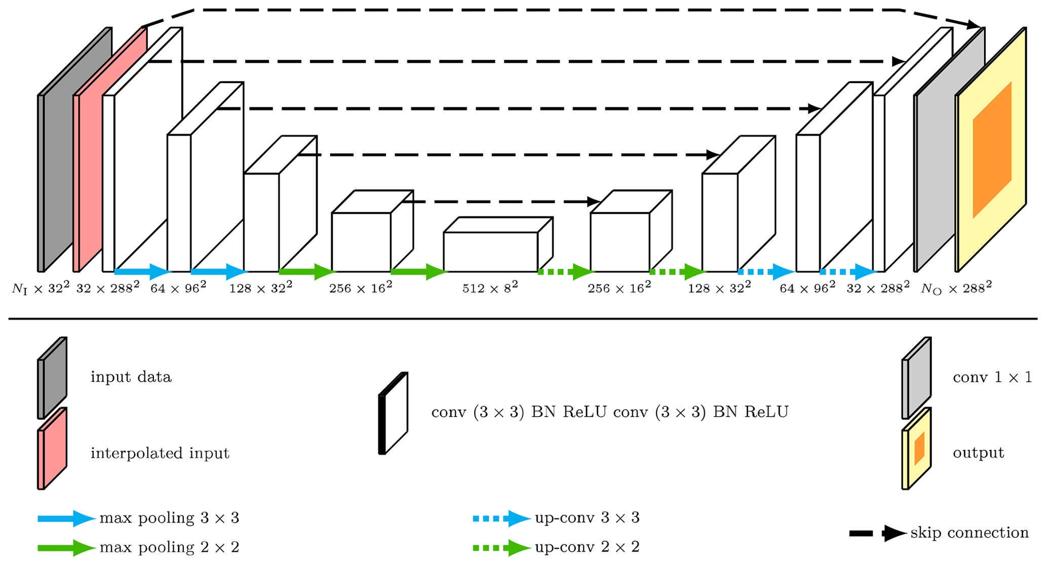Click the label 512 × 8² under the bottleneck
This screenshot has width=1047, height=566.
click(x=490, y=288)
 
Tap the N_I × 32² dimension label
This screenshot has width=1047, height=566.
click(x=41, y=288)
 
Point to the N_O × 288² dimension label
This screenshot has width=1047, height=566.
click(x=956, y=288)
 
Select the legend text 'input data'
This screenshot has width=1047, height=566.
click(x=131, y=377)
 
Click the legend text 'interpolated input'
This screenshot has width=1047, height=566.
click(x=160, y=453)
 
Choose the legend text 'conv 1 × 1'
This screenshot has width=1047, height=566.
click(x=992, y=378)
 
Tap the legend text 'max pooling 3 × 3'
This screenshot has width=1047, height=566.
click(x=169, y=518)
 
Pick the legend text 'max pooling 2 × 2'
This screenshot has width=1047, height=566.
click(x=169, y=547)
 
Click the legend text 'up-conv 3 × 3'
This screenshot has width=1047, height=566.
click(x=587, y=518)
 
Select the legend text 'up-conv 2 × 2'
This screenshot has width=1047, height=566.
click(x=587, y=547)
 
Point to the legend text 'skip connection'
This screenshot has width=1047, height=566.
click(x=969, y=533)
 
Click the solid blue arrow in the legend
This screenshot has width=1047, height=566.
click(x=66, y=518)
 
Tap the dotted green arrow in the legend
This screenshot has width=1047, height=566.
click(x=501, y=548)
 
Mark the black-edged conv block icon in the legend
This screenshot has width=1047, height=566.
click(x=393, y=414)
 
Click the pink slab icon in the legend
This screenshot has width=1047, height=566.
click(x=52, y=449)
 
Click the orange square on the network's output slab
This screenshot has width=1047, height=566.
click(x=992, y=150)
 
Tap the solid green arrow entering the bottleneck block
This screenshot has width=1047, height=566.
click(x=418, y=272)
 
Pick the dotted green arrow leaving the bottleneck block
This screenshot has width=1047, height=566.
click(x=564, y=272)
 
